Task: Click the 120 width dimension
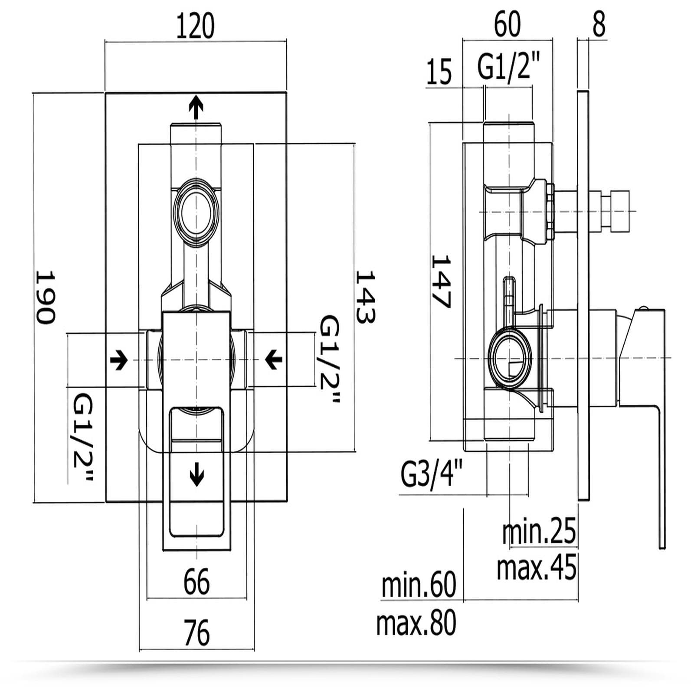coord(195,26)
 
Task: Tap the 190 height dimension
coord(45,297)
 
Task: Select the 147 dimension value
coord(441,281)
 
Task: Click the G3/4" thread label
coord(432,474)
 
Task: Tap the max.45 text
coord(537,567)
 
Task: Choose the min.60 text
coord(419,585)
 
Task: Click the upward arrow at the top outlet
coord(196,107)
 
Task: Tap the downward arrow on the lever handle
coord(197,474)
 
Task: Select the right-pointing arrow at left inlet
coord(119,360)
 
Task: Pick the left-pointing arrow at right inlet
coord(274,360)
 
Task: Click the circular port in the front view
coord(196,213)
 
